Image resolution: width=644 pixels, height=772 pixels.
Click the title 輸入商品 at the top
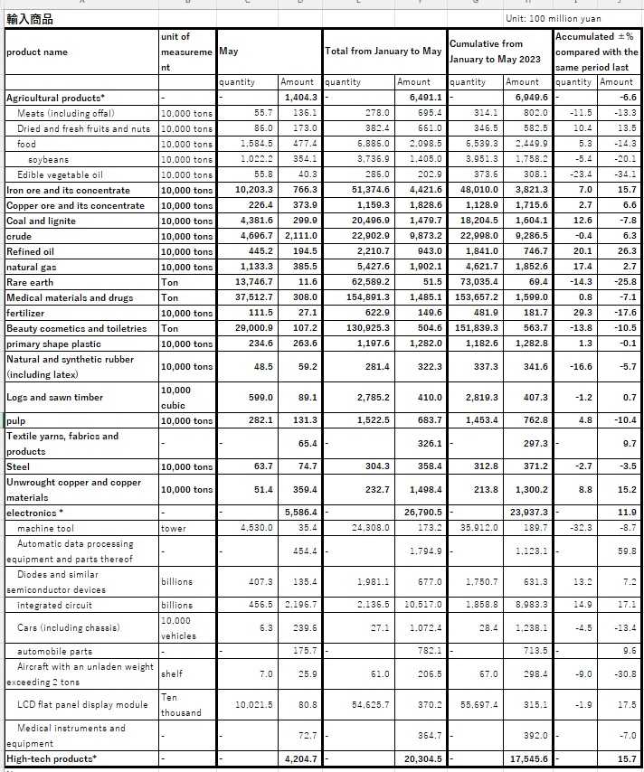click(x=30, y=19)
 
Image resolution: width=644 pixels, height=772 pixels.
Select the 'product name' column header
click(x=36, y=52)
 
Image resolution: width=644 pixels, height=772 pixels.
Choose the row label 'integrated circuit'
click(x=54, y=605)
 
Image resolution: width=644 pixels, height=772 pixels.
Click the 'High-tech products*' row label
click(x=52, y=758)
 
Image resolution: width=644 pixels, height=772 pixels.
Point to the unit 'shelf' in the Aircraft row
click(x=173, y=673)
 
